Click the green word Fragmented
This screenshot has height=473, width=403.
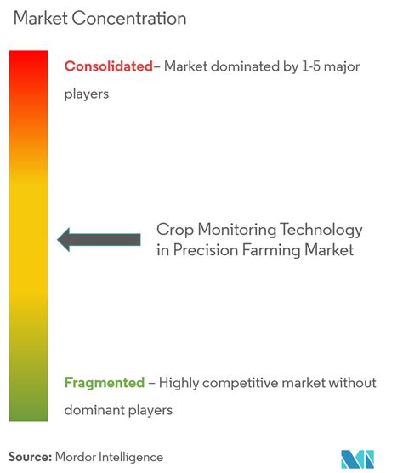[x=103, y=383]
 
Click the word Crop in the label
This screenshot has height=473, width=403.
[x=173, y=230]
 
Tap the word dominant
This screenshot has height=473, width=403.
[x=93, y=410]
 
